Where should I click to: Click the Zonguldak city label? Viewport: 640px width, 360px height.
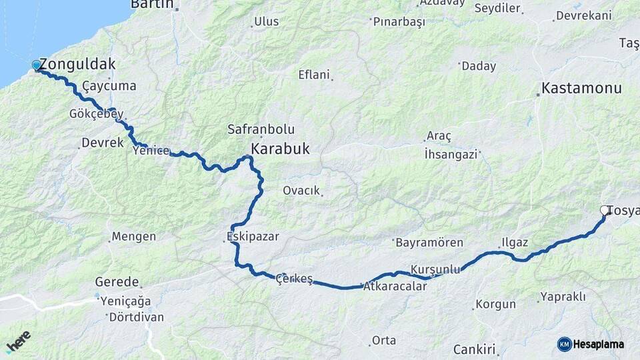pyautogui.click(x=77, y=65)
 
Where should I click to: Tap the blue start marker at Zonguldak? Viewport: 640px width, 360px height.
pyautogui.click(x=36, y=65)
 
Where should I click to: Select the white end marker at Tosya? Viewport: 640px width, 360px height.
pyautogui.click(x=605, y=211)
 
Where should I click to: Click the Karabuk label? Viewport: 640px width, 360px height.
pyautogui.click(x=280, y=149)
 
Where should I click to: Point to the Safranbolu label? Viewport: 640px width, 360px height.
pyautogui.click(x=261, y=129)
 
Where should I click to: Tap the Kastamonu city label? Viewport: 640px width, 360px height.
pyautogui.click(x=581, y=88)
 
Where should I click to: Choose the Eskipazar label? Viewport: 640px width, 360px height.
pyautogui.click(x=253, y=237)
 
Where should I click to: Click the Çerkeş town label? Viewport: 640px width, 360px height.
pyautogui.click(x=294, y=279)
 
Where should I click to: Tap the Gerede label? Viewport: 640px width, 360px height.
pyautogui.click(x=117, y=282)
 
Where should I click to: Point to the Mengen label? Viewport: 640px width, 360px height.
pyautogui.click(x=133, y=237)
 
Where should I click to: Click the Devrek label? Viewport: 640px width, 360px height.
pyautogui.click(x=102, y=143)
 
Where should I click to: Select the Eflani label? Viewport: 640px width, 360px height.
pyautogui.click(x=314, y=75)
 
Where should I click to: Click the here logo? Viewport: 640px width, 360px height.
pyautogui.click(x=19, y=341)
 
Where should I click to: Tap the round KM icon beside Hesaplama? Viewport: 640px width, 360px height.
pyautogui.click(x=564, y=344)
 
